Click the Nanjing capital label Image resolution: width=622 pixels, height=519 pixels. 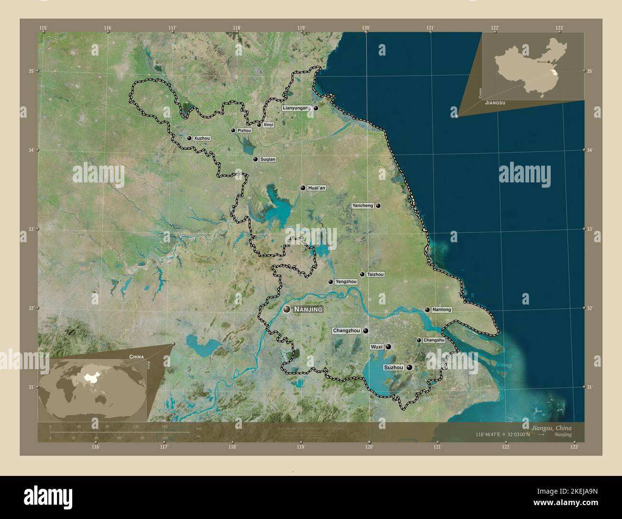(308, 310)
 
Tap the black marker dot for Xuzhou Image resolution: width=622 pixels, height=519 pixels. (189, 138)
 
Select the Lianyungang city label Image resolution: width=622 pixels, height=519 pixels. (297, 108)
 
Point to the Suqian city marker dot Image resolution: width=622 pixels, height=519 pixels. (255, 159)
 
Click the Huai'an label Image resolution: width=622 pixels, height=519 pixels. (317, 188)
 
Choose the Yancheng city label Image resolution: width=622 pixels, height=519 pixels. (363, 206)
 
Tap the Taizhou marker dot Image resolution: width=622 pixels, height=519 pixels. (362, 274)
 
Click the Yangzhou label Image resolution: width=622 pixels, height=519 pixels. (346, 282)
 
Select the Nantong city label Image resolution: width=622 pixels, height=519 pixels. (441, 310)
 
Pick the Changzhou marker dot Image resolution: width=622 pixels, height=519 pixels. (366, 330)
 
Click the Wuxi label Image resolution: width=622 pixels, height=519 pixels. (377, 347)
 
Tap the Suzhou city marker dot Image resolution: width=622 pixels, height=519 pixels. (410, 368)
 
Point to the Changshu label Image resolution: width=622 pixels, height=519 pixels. (434, 340)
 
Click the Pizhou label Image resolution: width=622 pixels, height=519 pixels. (244, 130)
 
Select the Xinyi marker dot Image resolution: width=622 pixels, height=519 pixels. (259, 125)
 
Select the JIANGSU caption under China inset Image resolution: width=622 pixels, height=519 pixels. (495, 103)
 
